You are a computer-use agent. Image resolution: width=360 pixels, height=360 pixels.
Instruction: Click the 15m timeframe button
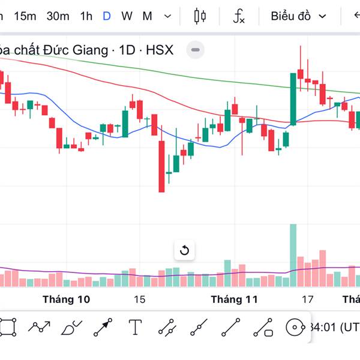(25, 16)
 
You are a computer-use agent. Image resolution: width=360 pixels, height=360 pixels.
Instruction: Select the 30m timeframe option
(58, 16)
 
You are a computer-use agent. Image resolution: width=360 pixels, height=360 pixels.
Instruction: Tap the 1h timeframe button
(86, 16)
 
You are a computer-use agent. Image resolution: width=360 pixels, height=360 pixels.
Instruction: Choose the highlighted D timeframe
(107, 16)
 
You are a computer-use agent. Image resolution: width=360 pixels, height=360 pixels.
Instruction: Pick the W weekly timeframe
(127, 16)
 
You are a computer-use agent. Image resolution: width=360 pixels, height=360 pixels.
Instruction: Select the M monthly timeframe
(147, 16)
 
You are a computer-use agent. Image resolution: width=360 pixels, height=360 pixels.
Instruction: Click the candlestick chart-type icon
(200, 16)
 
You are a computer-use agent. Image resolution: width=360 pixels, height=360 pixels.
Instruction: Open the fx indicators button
(239, 16)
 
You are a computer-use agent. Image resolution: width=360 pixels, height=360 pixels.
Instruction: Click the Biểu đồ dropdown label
(290, 16)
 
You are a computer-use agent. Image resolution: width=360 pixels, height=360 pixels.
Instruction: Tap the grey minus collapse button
(196, 50)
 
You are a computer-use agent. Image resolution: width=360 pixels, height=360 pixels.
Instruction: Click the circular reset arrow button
(184, 250)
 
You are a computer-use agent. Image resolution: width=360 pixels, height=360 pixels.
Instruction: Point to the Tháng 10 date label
(67, 299)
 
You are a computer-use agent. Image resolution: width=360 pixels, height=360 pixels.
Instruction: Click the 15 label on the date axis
(140, 299)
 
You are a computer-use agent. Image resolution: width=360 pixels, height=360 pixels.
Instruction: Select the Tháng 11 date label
(234, 299)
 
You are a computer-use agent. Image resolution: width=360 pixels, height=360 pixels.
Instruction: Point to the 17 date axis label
(308, 299)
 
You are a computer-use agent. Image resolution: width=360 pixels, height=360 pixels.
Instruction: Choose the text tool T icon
(136, 328)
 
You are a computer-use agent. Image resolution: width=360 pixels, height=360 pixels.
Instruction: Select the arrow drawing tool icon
(103, 328)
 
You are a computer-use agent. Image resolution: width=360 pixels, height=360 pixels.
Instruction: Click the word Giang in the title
(92, 50)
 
